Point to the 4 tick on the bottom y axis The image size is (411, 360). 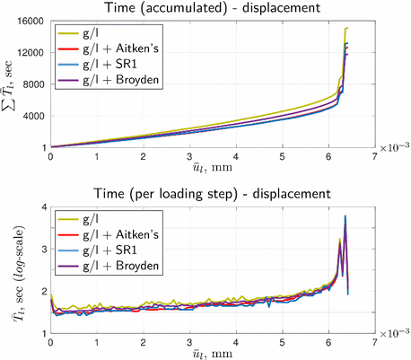coord(40,207)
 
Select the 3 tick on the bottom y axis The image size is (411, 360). coord(40,249)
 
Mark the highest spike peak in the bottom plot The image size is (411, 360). coord(345,215)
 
